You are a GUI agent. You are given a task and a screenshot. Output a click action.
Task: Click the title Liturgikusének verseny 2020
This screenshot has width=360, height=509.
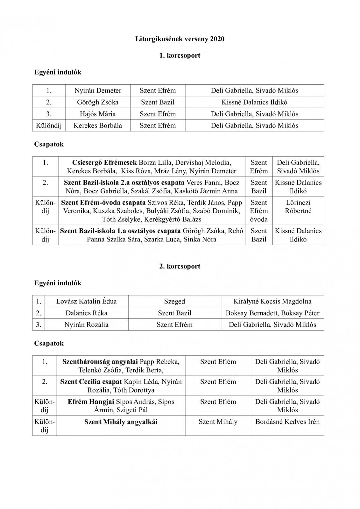pyautogui.click(x=180, y=39)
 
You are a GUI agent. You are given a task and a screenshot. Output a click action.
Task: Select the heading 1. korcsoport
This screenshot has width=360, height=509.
pyautogui.click(x=180, y=55)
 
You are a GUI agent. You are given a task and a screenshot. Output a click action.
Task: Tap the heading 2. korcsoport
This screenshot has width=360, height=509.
pyautogui.click(x=180, y=266)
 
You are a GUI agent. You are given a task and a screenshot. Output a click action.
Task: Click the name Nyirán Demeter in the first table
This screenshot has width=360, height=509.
pyautogui.click(x=98, y=91)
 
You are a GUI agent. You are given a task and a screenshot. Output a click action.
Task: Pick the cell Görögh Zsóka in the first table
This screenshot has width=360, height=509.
pyautogui.click(x=98, y=102)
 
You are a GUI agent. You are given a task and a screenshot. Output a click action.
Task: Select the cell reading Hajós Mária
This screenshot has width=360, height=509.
pyautogui.click(x=98, y=114)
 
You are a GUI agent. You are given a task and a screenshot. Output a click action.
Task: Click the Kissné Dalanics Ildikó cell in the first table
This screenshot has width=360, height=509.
pyautogui.click(x=254, y=102)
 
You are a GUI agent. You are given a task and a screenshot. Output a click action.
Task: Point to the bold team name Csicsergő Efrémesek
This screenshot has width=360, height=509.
pyautogui.click(x=104, y=163)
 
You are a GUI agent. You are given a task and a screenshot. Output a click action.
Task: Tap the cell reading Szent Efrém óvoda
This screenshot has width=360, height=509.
pyautogui.click(x=259, y=211)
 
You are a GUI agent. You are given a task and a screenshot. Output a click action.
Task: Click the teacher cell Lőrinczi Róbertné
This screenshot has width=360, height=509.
pyautogui.click(x=298, y=206)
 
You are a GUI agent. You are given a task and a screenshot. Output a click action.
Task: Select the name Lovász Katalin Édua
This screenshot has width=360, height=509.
pyautogui.click(x=86, y=301)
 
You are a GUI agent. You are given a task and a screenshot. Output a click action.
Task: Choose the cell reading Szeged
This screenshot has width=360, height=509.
pyautogui.click(x=174, y=301)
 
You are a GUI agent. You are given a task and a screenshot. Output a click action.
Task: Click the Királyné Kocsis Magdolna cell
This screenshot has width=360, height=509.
pyautogui.click(x=272, y=301)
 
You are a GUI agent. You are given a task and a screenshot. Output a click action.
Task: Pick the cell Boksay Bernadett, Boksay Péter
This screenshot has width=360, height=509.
pyautogui.click(x=272, y=313)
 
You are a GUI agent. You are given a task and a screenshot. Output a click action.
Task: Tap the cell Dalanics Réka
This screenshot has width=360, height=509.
pyautogui.click(x=86, y=313)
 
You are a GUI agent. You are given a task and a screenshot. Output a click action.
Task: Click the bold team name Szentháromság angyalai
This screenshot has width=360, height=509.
pyautogui.click(x=100, y=362)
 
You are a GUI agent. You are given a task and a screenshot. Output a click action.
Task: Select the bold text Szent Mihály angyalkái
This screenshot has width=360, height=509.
pyautogui.click(x=121, y=422)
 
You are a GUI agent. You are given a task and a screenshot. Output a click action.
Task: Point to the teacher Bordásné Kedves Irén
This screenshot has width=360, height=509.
pyautogui.click(x=287, y=422)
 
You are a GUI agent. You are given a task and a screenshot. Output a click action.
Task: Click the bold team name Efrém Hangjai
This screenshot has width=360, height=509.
pyautogui.click(x=91, y=402)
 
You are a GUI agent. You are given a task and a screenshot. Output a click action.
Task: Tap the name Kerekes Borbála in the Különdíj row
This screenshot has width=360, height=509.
pyautogui.click(x=98, y=125)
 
